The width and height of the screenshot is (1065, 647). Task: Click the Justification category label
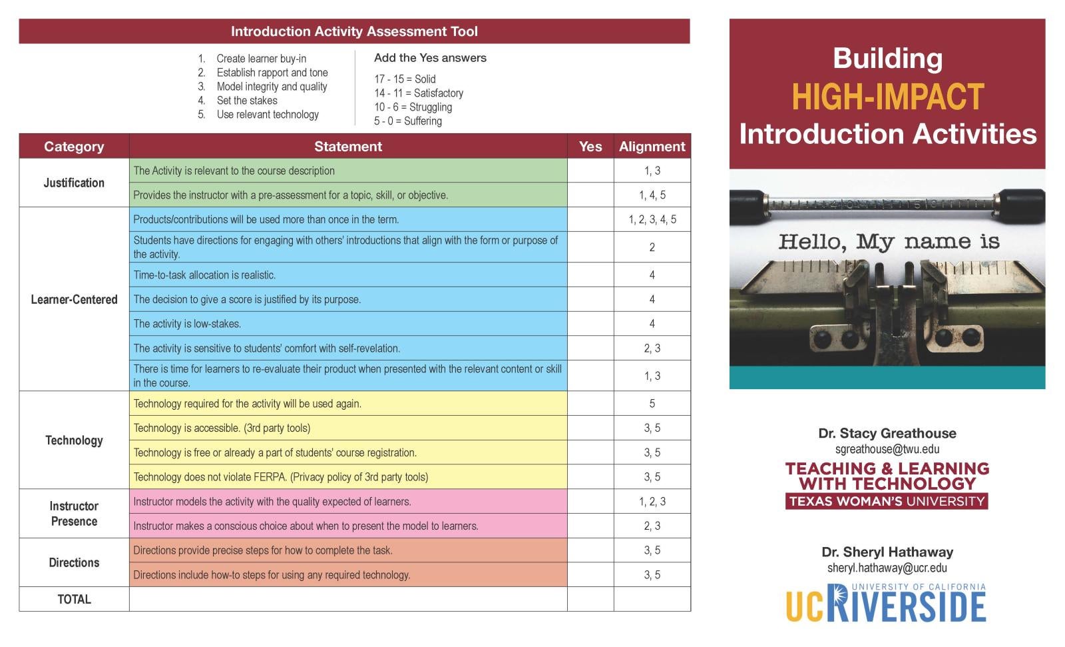[x=74, y=183]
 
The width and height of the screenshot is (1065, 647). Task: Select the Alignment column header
[x=652, y=147]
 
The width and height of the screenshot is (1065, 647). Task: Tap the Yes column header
[x=590, y=147]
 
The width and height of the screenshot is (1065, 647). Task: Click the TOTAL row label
[x=74, y=599]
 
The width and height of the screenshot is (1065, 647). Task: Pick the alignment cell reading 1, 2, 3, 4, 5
[x=652, y=219]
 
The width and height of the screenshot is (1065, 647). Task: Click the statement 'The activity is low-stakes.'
[x=187, y=324]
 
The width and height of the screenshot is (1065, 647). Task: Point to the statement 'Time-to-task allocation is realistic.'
[x=204, y=275]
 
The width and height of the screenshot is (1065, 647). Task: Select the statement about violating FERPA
[x=280, y=477]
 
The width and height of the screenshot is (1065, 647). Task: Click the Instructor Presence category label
[x=74, y=514]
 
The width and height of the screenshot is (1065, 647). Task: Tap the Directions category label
[x=74, y=562]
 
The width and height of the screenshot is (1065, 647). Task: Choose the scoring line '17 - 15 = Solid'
[x=405, y=79]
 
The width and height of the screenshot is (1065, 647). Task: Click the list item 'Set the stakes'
[x=247, y=101]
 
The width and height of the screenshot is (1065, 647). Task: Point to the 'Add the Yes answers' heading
[x=430, y=58]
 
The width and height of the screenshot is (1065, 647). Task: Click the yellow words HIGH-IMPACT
[x=887, y=97]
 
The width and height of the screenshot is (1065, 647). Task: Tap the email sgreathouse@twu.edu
[x=887, y=449]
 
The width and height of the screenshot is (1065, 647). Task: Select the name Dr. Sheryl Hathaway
[x=887, y=552]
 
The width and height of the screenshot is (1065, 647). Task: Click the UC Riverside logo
[x=886, y=603]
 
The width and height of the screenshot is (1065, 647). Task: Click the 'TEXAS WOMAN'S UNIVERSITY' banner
[x=887, y=501]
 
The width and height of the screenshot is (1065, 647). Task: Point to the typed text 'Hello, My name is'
[x=889, y=241]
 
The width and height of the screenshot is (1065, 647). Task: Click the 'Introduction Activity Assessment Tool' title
[x=354, y=31]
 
